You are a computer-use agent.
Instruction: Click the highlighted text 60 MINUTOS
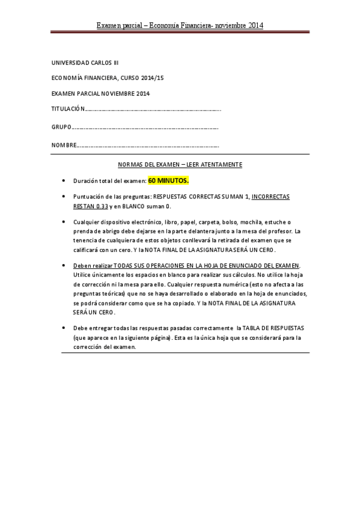(x=168, y=180)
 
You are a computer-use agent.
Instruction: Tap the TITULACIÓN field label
(x=69, y=109)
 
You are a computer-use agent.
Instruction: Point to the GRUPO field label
(x=61, y=127)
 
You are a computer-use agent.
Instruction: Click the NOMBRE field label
(x=64, y=146)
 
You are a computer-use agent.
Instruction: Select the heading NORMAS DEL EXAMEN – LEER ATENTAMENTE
(x=180, y=164)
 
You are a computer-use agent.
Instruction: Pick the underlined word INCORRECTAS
(x=270, y=197)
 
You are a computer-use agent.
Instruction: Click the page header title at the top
(x=180, y=25)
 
